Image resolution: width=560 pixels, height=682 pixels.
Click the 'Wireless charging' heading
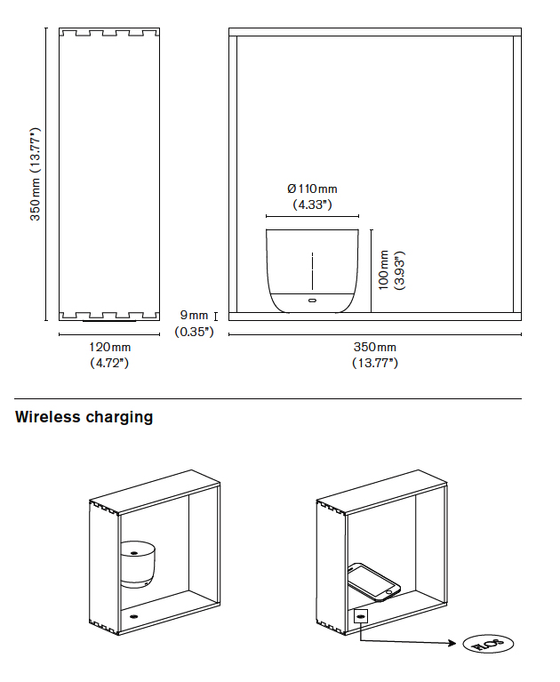[84, 417]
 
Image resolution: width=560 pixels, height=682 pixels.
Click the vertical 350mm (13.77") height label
[36, 174]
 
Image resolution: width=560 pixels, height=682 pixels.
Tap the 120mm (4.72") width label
[109, 355]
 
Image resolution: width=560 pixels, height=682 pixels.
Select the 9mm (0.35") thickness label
[194, 324]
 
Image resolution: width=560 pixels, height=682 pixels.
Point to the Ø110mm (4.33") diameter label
[312, 197]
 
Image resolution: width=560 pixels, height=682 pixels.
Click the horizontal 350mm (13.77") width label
[374, 355]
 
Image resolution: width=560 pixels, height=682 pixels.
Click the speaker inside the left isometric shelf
[137, 563]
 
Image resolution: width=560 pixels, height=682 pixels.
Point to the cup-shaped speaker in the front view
[312, 270]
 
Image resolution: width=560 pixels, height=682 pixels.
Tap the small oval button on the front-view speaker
[312, 301]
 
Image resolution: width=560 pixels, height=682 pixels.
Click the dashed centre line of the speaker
[312, 270]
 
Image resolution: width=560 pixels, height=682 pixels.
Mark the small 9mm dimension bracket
[216, 316]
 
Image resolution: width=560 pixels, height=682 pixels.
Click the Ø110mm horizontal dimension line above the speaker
[312, 216]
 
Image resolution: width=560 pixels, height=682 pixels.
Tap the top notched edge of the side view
[108, 34]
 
